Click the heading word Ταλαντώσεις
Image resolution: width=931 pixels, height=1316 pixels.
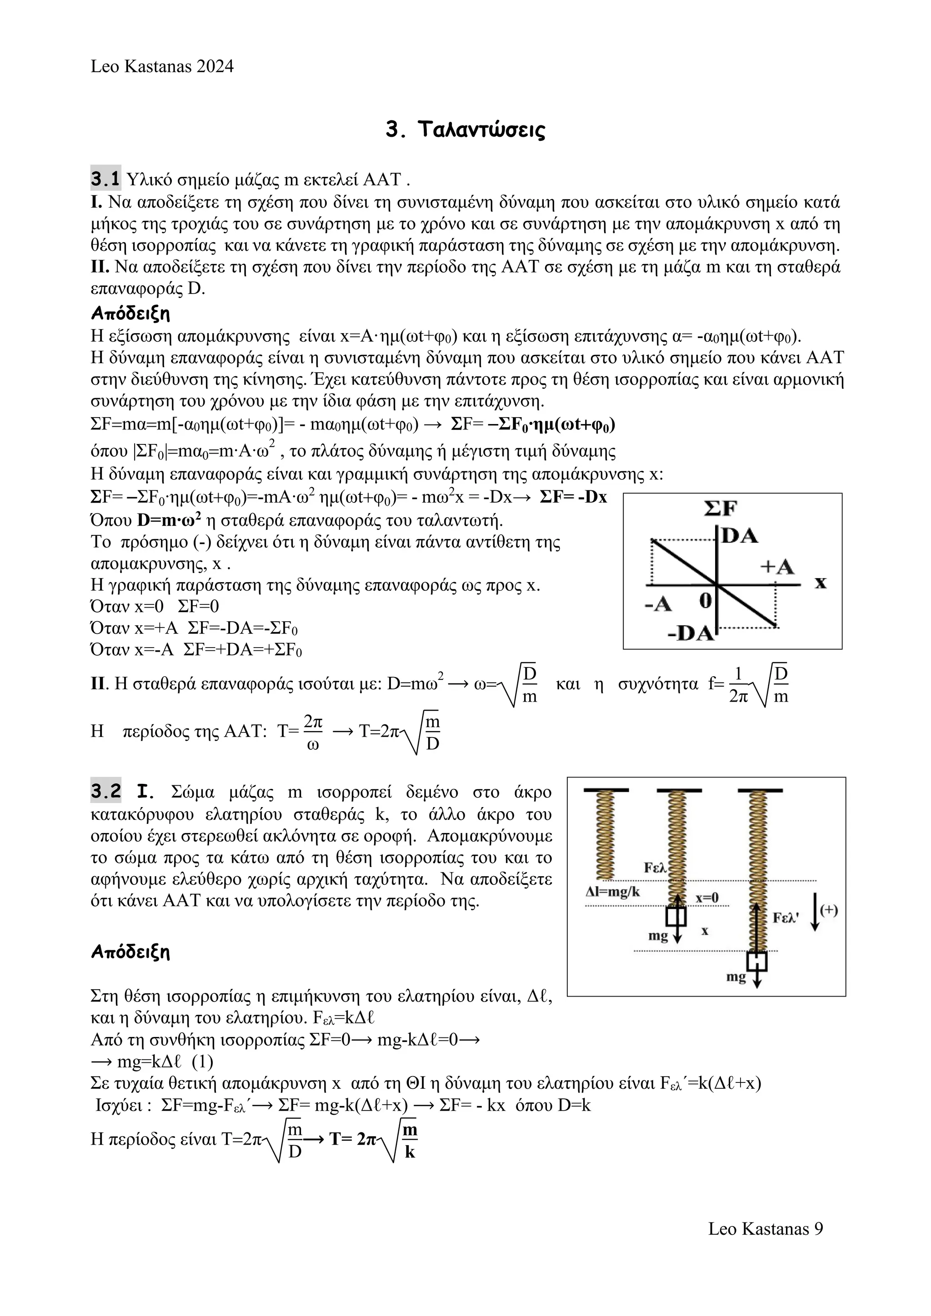pyautogui.click(x=481, y=130)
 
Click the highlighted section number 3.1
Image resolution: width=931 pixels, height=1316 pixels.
pyautogui.click(x=105, y=179)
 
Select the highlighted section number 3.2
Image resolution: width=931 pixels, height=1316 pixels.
pyautogui.click(x=105, y=792)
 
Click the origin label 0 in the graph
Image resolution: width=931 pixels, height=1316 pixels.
pyautogui.click(x=706, y=601)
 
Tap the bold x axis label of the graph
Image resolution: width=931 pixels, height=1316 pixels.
pyautogui.click(x=821, y=583)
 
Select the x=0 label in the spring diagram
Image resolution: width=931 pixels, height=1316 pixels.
pyautogui.click(x=707, y=898)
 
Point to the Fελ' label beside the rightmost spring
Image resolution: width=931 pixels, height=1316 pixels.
pyautogui.click(x=786, y=917)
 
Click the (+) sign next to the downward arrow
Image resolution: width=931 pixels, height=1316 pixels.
pyautogui.click(x=829, y=910)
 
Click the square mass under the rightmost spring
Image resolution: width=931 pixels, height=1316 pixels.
pyautogui.click(x=757, y=961)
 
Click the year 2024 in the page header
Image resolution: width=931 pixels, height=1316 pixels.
pyautogui.click(x=215, y=66)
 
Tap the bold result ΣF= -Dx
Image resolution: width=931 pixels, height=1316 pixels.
pyautogui.click(x=573, y=497)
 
